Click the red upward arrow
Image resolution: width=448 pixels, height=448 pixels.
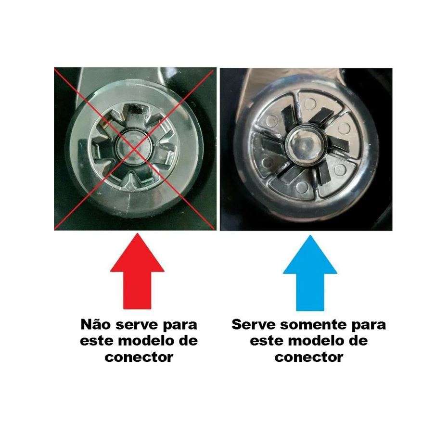click(137, 271)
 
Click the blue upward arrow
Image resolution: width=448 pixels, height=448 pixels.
click(310, 273)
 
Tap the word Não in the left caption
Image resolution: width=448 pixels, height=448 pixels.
click(95, 324)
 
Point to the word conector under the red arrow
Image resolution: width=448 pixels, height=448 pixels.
click(139, 357)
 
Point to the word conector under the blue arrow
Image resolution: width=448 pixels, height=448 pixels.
click(309, 357)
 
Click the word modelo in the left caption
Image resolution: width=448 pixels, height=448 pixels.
click(148, 341)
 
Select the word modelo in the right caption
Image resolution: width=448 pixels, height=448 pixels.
click(318, 341)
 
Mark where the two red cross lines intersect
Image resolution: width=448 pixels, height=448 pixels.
click(134, 149)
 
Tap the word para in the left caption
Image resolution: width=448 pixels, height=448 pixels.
click(180, 326)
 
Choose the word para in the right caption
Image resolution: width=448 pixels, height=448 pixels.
click(369, 326)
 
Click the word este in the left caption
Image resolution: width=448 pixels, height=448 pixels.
click(97, 341)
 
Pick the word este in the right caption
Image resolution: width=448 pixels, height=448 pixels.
click(267, 341)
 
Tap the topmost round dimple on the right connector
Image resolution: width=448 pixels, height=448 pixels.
click(310, 102)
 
